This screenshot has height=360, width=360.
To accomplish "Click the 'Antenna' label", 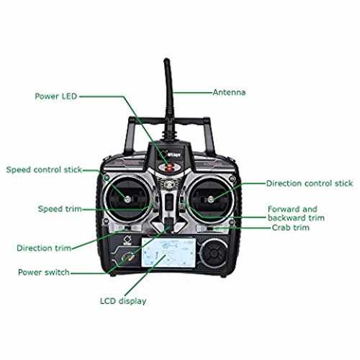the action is click(x=229, y=92).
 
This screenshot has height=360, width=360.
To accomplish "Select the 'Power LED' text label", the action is click(x=56, y=96).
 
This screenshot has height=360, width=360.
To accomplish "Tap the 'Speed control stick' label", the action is click(x=44, y=170).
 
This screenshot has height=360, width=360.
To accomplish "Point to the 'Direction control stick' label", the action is click(x=310, y=184).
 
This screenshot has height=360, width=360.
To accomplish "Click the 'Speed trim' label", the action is click(x=60, y=209).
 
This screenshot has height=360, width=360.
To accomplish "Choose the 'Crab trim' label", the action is click(x=291, y=228).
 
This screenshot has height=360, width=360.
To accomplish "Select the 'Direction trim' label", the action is click(x=44, y=248).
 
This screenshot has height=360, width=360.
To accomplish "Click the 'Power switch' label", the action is click(x=44, y=272).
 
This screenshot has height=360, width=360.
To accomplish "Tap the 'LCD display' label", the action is click(x=123, y=301).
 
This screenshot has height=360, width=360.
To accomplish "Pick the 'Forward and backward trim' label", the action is click(x=296, y=213).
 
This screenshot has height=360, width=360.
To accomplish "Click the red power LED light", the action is click(x=170, y=168).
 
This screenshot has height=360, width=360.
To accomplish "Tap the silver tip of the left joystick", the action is click(x=127, y=199).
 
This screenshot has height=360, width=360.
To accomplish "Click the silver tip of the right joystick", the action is click(x=210, y=199).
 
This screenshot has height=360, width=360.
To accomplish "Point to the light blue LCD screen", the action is click(x=168, y=252).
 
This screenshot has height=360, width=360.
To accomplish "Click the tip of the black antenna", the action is click(x=166, y=59).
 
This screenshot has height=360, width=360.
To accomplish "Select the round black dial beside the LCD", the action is click(x=213, y=253).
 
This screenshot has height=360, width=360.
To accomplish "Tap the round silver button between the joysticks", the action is click(x=168, y=184).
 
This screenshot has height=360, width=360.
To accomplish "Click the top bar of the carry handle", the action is click(x=169, y=120).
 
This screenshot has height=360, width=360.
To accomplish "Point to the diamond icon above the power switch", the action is click(x=127, y=240).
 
